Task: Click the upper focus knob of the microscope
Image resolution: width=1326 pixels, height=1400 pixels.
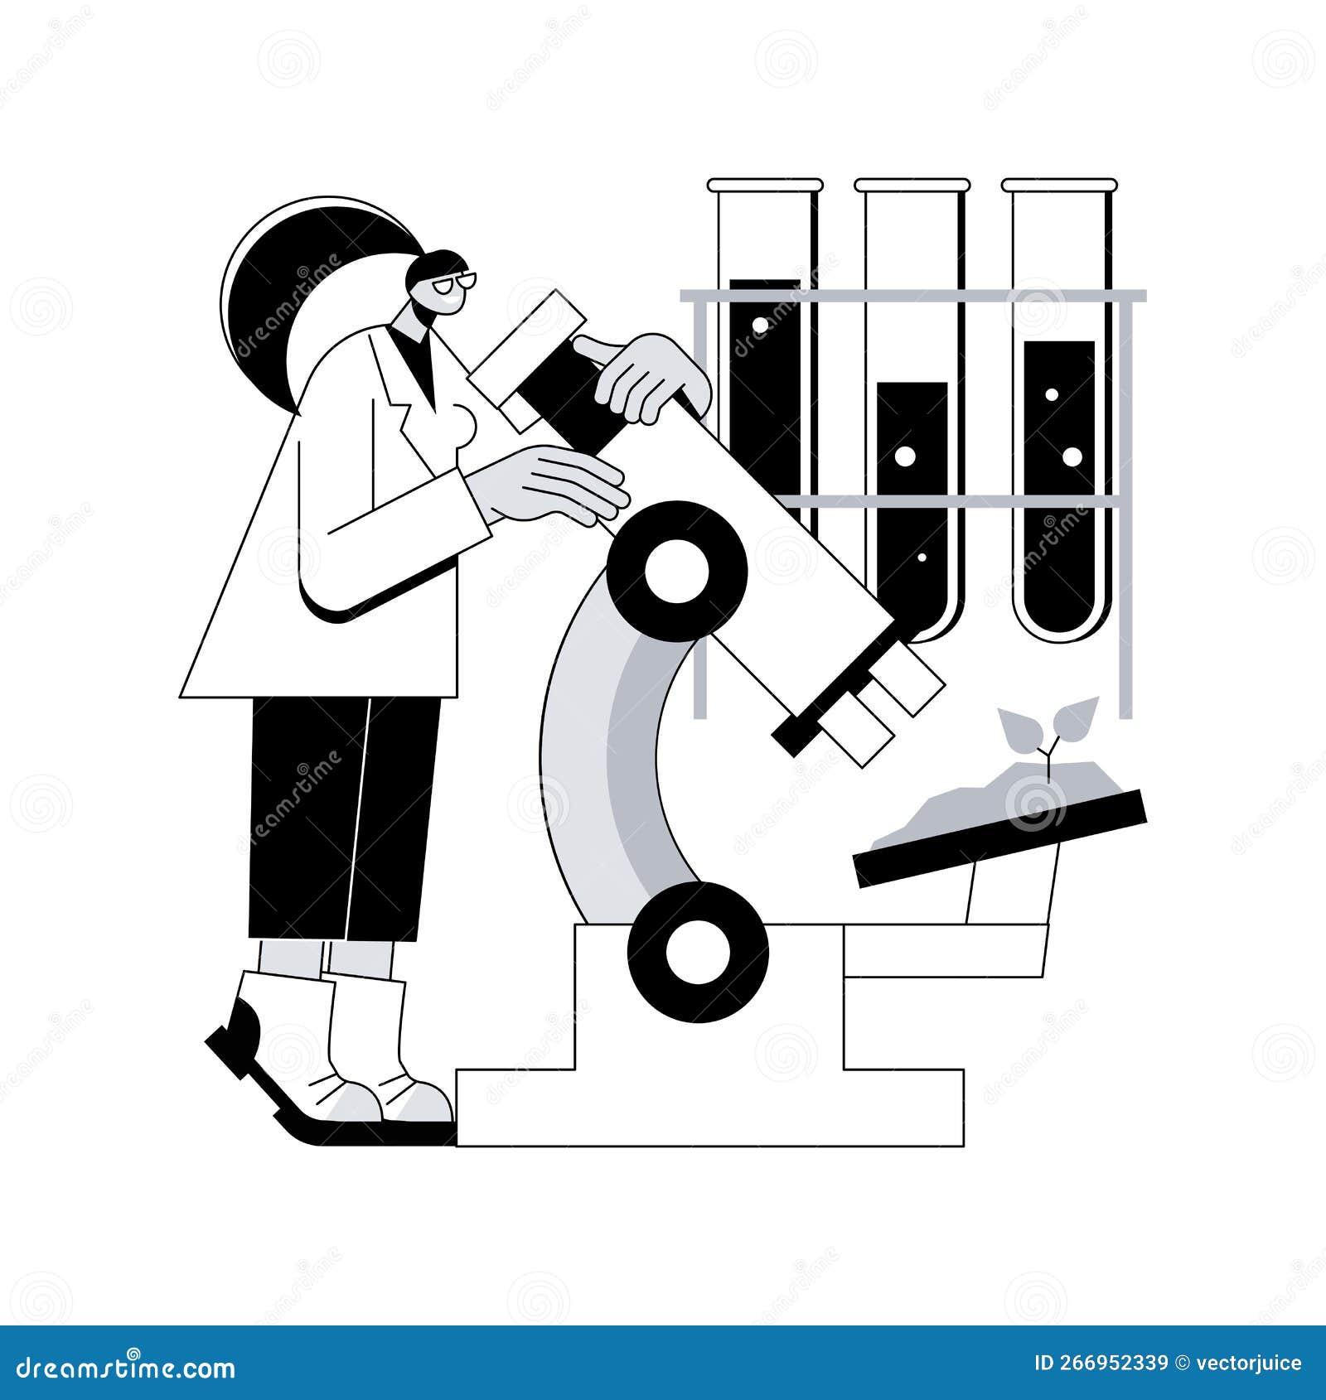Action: [x=677, y=572]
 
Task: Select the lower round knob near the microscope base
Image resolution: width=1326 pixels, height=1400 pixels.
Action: [x=698, y=952]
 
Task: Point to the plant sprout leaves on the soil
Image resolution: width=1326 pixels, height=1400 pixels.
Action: [x=1048, y=721]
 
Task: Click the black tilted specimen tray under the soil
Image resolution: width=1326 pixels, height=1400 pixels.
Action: [x=999, y=839]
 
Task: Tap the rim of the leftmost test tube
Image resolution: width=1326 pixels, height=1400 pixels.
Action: [x=765, y=185]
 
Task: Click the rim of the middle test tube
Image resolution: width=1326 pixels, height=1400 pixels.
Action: [x=912, y=185]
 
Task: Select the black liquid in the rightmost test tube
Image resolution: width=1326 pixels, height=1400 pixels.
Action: [x=1058, y=497]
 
